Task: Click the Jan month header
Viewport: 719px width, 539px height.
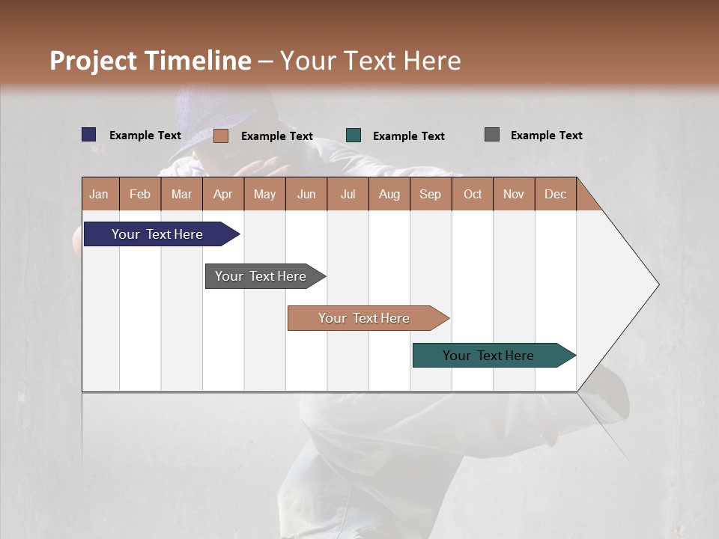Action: (100, 194)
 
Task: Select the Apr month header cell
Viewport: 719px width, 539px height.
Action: (223, 194)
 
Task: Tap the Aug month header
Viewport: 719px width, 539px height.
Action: (389, 194)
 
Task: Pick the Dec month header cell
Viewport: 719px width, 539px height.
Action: (555, 194)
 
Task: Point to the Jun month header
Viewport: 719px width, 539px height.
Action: (306, 194)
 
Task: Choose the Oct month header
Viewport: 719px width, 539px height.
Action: (472, 194)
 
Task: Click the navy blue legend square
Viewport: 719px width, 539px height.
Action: (89, 135)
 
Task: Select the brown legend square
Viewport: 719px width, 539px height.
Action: (220, 135)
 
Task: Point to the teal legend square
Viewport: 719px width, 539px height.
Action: (354, 135)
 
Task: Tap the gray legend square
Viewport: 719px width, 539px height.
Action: (492, 135)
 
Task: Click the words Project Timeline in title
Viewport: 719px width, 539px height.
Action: (150, 61)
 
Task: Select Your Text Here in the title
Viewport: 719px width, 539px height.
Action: (371, 61)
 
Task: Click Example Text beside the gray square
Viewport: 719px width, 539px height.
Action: (546, 135)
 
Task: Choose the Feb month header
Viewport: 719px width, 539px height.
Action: (140, 194)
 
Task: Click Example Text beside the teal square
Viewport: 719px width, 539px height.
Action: (408, 136)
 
